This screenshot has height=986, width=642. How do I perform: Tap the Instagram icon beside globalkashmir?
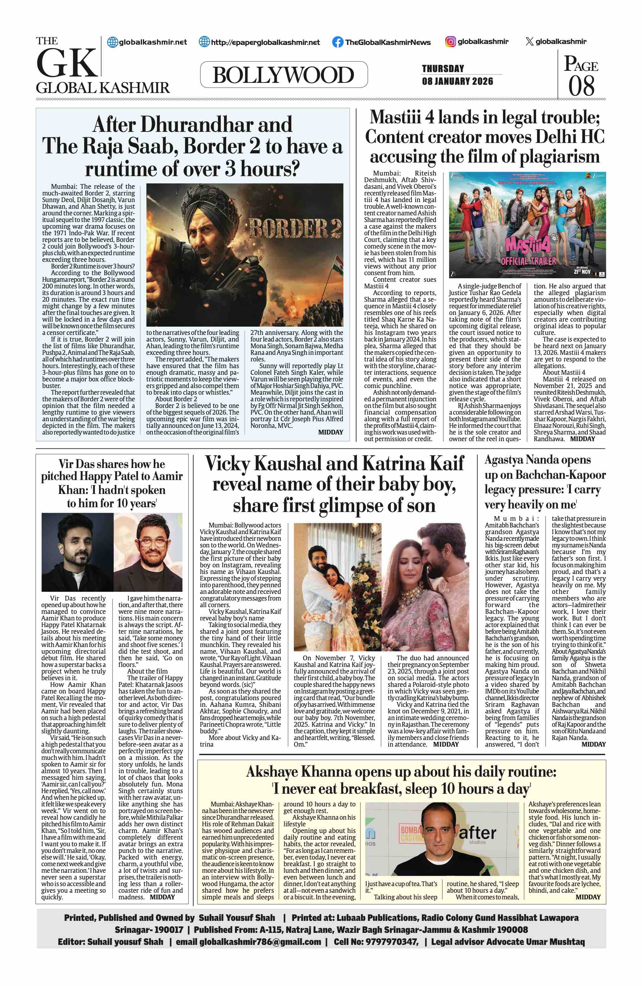451,41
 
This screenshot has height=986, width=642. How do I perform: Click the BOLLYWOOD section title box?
283,75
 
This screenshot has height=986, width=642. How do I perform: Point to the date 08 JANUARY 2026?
457,81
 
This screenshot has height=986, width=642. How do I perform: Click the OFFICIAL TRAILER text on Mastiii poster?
528,261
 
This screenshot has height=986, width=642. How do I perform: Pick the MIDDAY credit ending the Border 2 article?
330,432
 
